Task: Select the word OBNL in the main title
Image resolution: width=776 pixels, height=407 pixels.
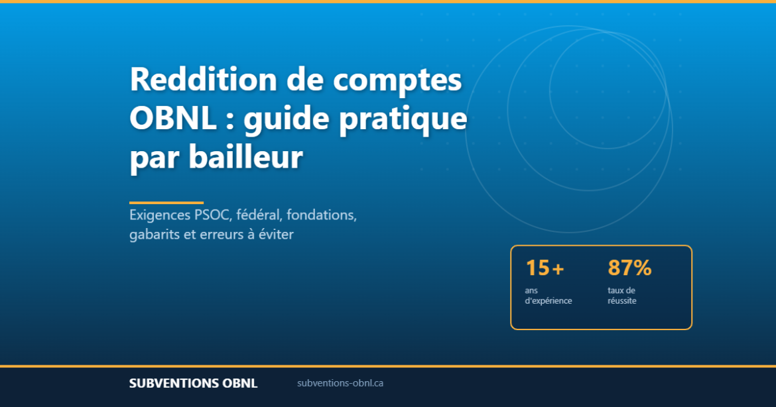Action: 173,119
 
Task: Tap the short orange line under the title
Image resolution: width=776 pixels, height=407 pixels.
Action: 166,203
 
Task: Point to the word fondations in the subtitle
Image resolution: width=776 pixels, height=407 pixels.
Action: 322,216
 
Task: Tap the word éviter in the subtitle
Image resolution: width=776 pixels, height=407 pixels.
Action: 275,235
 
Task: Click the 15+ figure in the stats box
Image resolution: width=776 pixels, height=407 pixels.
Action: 545,268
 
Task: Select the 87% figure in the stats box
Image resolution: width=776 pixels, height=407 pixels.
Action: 629,268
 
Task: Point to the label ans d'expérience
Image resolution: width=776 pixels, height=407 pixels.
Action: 548,296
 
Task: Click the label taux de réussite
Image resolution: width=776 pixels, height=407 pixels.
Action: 621,296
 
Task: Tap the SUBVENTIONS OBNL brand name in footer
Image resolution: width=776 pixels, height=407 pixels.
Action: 193,384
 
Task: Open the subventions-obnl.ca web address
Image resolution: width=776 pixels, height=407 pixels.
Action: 340,383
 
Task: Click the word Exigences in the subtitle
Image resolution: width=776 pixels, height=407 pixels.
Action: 159,216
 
